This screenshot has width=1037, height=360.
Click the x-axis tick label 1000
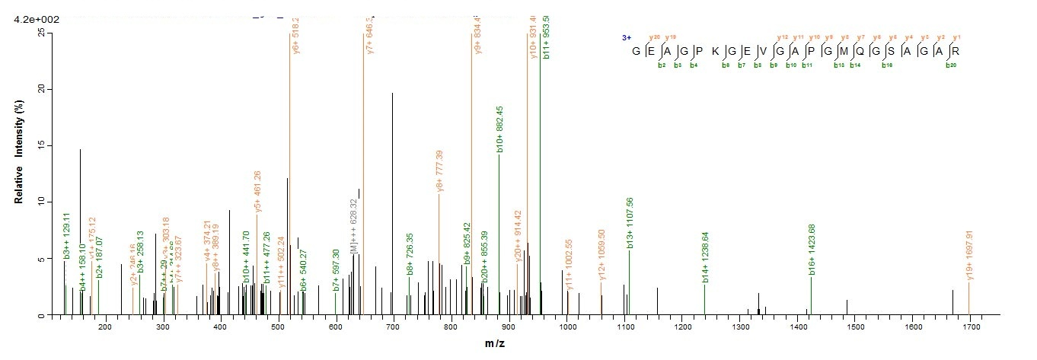tap(567, 327)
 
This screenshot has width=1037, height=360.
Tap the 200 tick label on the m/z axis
tap(105, 327)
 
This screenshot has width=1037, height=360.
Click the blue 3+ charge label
tap(627, 37)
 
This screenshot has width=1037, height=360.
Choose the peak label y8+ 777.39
tap(439, 172)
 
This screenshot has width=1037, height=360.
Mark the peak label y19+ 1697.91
tap(969, 256)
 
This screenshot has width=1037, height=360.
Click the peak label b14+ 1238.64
tap(706, 257)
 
